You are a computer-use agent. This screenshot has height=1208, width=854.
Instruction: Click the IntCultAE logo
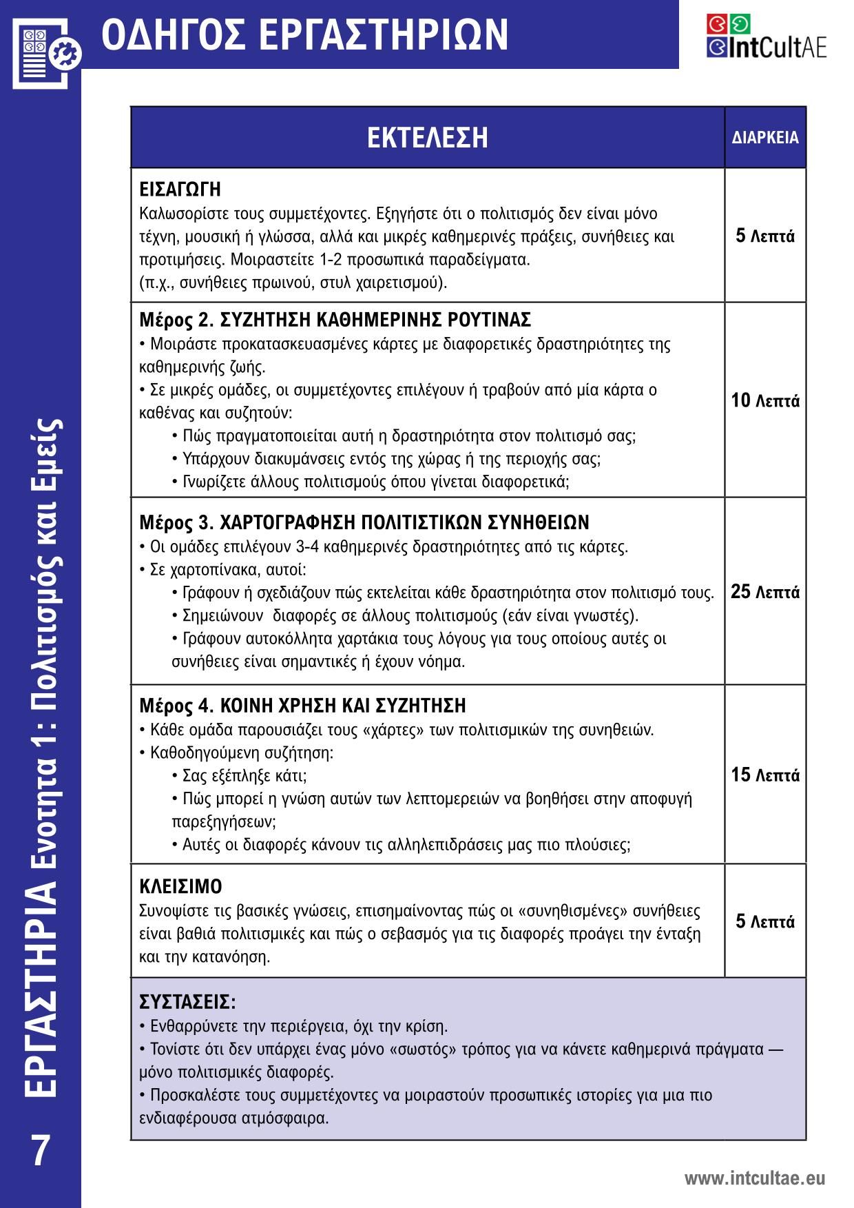766,37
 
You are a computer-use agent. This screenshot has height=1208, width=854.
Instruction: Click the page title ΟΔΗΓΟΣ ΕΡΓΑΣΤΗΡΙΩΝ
304,34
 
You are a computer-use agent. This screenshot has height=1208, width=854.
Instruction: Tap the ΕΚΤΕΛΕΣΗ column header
427,137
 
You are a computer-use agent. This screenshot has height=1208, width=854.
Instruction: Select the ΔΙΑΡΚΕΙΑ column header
765,137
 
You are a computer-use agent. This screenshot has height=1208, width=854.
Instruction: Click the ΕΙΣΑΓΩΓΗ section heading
180,189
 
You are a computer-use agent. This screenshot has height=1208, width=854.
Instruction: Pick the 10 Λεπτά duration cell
765,400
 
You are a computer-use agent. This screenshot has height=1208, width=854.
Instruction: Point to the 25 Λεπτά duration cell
765,591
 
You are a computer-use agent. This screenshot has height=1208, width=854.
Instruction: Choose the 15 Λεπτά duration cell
765,775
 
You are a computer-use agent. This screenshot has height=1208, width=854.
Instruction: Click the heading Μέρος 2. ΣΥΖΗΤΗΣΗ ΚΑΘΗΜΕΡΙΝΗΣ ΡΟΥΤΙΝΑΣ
335,320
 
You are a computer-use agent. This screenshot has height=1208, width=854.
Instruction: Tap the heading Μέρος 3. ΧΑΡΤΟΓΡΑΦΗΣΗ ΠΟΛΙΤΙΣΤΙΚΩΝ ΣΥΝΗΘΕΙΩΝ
364,522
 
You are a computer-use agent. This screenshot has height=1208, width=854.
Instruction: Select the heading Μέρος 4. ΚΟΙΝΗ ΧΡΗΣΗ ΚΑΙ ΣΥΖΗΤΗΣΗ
302,706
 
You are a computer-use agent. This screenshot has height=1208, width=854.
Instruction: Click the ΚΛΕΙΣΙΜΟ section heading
180,886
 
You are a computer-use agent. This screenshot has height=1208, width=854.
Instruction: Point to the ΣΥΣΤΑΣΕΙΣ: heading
187,1001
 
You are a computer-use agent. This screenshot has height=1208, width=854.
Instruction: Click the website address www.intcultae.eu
754,1178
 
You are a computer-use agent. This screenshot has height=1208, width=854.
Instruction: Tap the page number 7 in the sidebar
41,1150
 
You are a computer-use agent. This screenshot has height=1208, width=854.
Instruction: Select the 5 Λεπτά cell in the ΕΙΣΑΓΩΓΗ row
765,236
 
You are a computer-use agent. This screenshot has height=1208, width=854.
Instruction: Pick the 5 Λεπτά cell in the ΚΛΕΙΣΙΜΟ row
765,921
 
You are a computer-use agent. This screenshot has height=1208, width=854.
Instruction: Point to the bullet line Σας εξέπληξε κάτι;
244,776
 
